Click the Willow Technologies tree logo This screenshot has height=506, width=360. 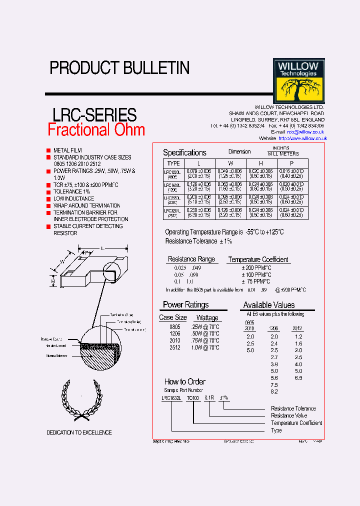pos(298,80)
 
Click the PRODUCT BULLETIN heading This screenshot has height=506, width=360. pos(119,68)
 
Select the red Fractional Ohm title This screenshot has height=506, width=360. pos(96,129)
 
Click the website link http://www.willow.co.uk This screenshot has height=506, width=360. pos(302,138)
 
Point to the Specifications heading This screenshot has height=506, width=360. pos(184,152)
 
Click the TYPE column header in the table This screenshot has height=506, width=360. pos(173,163)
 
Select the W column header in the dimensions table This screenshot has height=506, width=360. pos(230,163)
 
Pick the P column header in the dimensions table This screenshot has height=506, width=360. pos(291,163)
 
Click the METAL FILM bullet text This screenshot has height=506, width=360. pos(67,150)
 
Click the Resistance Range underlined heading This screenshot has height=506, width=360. pos(191,259)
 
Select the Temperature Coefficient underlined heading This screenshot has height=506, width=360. pos(258,259)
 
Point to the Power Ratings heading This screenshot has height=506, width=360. pos(185,304)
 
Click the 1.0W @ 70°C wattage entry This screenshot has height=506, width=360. pos(205,347)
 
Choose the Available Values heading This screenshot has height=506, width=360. pos(268,305)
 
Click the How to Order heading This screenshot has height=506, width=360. pos(184,381)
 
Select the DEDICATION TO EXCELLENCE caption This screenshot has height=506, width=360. pos(79,432)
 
